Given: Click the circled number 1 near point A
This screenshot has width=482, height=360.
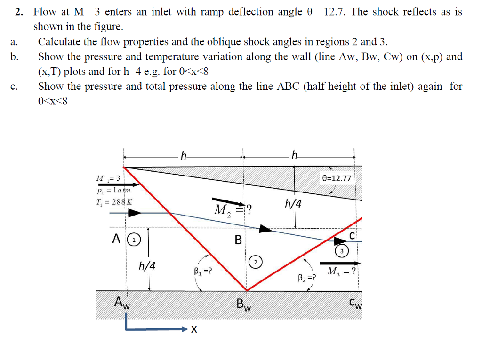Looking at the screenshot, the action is point(135,240).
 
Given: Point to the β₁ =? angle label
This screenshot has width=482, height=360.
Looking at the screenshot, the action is point(203,271).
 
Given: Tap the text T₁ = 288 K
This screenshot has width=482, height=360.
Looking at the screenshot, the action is point(114,201).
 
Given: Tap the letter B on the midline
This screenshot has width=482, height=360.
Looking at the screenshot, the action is point(238,240).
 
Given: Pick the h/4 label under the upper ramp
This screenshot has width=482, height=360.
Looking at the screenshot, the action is point(293,204).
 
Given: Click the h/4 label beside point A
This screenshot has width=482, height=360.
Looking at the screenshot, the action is point(147,266).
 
